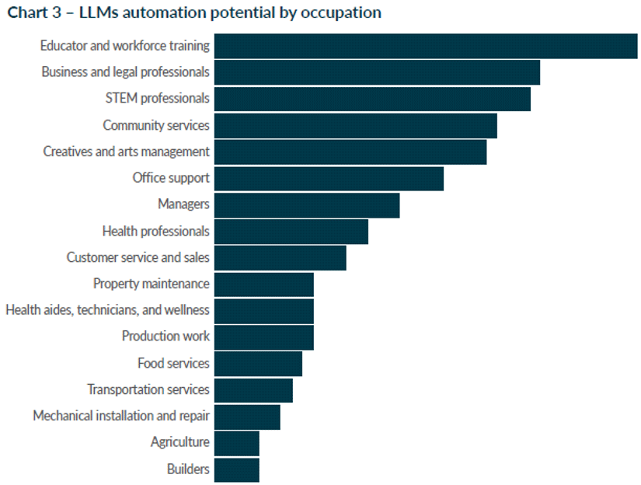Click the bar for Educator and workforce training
click(426, 46)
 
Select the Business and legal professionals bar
click(377, 72)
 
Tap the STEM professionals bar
click(372, 99)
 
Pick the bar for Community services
click(356, 126)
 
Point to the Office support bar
click(329, 178)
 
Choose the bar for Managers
click(307, 205)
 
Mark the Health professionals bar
click(291, 232)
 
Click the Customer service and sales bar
click(280, 257)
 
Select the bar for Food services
click(258, 364)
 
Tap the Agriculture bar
click(237, 443)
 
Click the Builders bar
click(237, 470)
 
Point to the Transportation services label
click(148, 389)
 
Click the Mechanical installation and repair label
click(121, 416)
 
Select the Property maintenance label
click(152, 284)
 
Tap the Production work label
click(165, 336)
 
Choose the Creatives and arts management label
click(127, 152)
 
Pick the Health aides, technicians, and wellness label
click(107, 309)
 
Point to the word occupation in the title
click(341, 13)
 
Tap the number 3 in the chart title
click(57, 12)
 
